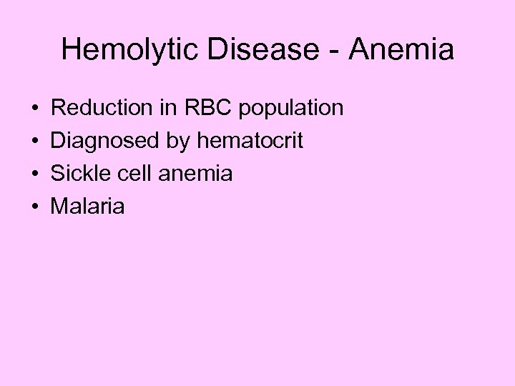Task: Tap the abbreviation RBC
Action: [208, 108]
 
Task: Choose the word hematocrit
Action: [250, 141]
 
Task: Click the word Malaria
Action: [87, 207]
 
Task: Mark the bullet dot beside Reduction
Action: [35, 109]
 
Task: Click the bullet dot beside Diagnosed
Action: [35, 142]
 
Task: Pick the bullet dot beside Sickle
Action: [35, 174]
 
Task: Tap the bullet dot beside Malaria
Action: [35, 207]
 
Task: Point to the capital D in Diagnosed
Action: [59, 141]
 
